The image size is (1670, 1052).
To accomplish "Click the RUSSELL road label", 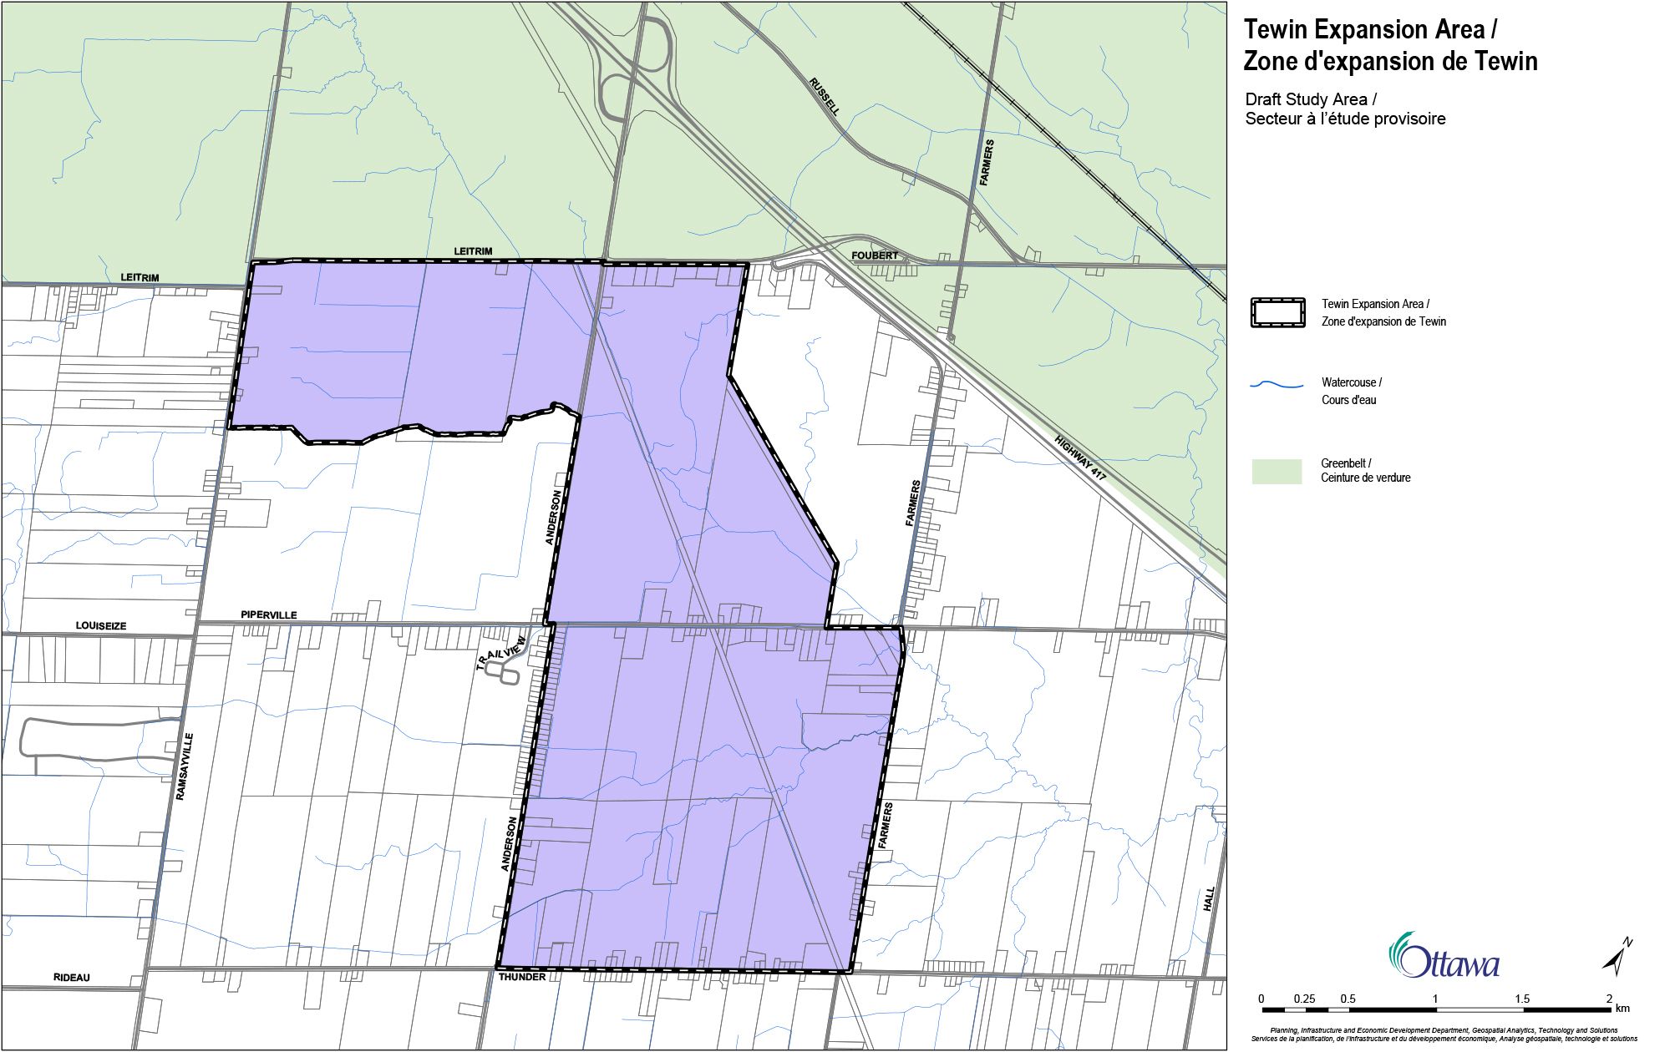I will tap(825, 96).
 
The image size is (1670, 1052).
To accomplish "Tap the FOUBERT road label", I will tap(875, 255).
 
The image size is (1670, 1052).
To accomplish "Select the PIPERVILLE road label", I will tap(268, 615).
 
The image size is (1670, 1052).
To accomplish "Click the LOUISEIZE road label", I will tap(101, 625).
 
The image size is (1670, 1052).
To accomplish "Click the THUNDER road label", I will tap(521, 977).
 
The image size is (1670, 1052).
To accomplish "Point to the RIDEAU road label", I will tap(72, 978).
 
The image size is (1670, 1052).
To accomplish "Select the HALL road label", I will tap(1209, 899).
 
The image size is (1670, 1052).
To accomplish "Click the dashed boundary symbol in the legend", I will tap(1277, 312).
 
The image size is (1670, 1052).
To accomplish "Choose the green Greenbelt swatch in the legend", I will tap(1277, 471).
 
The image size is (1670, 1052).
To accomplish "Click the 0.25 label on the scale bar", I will tap(1304, 999).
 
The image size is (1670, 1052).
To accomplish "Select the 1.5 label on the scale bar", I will tap(1522, 999).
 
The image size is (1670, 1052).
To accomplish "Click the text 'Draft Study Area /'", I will tap(1306, 99).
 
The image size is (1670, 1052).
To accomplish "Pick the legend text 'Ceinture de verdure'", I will tap(1365, 478).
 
